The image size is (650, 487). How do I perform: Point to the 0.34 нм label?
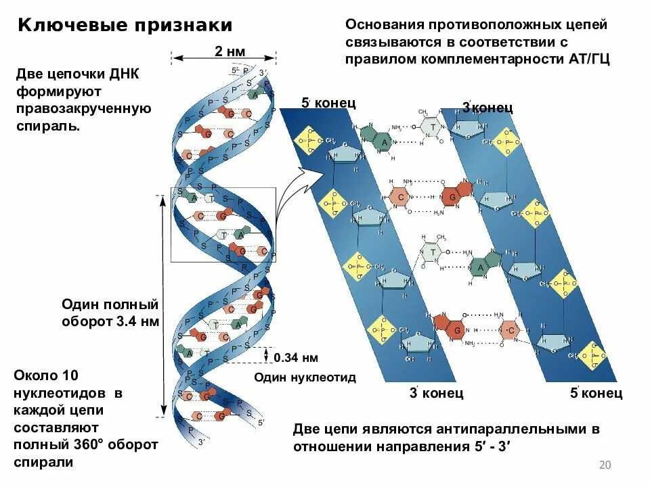coord(296,358)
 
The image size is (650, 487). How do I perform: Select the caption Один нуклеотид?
coord(305,377)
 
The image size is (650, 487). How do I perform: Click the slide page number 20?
coord(605,465)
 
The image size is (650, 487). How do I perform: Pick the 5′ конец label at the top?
coord(328,103)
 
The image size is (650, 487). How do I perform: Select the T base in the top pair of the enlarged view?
coord(430,126)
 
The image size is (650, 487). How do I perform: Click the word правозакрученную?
coord(83,108)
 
